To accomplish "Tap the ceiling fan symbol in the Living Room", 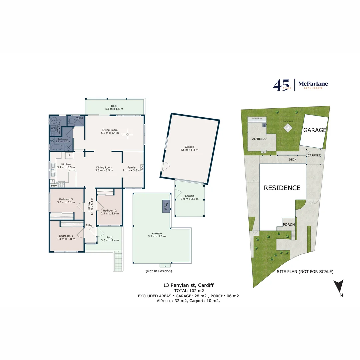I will [127, 135].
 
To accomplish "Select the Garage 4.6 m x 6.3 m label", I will [189, 148].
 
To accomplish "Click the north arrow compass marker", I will [339, 286].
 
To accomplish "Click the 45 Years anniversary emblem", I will [282, 85].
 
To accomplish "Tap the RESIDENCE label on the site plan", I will [282, 188].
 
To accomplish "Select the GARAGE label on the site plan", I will [314, 130].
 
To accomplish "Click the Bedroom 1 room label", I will [66, 237].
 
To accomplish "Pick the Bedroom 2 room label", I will [110, 212].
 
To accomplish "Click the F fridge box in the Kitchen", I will [69, 156].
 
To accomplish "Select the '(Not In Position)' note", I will [159, 271].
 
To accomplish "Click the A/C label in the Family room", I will [142, 167].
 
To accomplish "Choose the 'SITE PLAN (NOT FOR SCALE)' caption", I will [305, 272].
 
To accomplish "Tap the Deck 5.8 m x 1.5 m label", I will [114, 107].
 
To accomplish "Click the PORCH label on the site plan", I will [289, 225].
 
